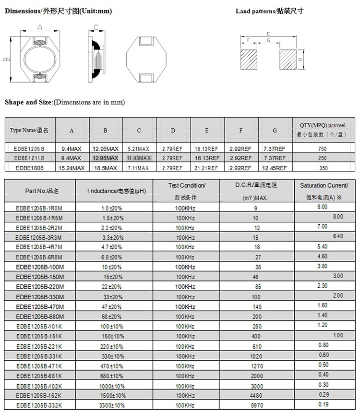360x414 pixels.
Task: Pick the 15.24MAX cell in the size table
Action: pyautogui.click(x=72, y=168)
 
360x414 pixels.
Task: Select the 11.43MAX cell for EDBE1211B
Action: pyautogui.click(x=139, y=158)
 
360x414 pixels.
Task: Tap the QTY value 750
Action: pyautogui.click(x=322, y=148)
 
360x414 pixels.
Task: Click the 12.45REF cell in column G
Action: pyautogui.click(x=275, y=168)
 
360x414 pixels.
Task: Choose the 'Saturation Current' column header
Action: pyautogui.click(x=324, y=185)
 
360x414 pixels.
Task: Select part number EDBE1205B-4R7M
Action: pyautogui.click(x=39, y=247)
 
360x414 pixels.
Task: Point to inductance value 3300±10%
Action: pyautogui.click(x=112, y=405)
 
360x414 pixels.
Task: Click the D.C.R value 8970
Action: pyautogui.click(x=256, y=405)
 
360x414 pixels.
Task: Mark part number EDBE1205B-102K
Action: pyautogui.click(x=39, y=386)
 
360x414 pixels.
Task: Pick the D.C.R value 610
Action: pyautogui.click(x=256, y=346)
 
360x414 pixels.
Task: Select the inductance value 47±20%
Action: pyautogui.click(x=112, y=306)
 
